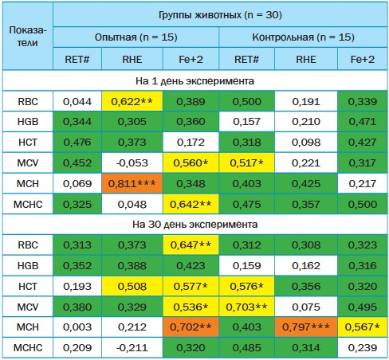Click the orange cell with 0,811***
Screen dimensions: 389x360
[132, 183]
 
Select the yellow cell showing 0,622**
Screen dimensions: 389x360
[132, 101]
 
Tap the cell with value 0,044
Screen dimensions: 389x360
[77, 101]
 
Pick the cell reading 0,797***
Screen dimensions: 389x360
[306, 327]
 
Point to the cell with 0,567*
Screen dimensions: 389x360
[363, 327]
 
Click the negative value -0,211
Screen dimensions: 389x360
[132, 347]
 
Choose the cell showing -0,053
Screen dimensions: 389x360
[132, 162]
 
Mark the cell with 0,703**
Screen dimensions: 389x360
[246, 307]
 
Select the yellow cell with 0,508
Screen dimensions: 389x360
[132, 286]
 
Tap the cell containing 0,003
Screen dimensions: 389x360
[77, 327]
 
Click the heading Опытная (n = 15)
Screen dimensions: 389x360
[136, 37]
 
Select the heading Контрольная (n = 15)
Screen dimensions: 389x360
[303, 37]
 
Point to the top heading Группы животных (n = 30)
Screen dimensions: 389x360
[220, 15]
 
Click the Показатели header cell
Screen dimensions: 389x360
[28, 37]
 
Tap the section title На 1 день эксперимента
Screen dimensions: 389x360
[194, 80]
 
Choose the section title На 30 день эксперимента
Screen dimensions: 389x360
[194, 225]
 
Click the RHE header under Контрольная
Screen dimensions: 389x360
[306, 59]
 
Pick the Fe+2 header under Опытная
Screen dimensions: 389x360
[191, 59]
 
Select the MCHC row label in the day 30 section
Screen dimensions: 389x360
[28, 347]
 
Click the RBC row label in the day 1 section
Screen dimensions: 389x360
[28, 101]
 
